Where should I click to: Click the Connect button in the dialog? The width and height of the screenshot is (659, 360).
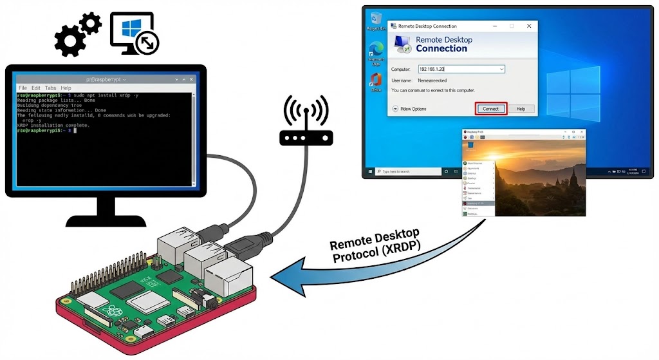click(490, 109)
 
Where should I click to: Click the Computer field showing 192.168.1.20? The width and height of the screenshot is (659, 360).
click(461, 69)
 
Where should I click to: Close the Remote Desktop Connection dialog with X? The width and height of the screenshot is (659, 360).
click(528, 26)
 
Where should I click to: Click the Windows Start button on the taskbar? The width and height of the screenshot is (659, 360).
click(371, 172)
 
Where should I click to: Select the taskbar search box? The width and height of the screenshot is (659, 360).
click(409, 172)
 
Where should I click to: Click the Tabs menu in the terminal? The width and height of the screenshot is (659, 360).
click(50, 88)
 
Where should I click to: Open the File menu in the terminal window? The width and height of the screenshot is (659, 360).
click(23, 88)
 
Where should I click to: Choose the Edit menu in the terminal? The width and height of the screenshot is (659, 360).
click(36, 88)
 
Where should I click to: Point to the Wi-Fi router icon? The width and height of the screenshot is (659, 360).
click(306, 122)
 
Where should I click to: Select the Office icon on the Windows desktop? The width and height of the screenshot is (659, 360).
click(376, 81)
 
